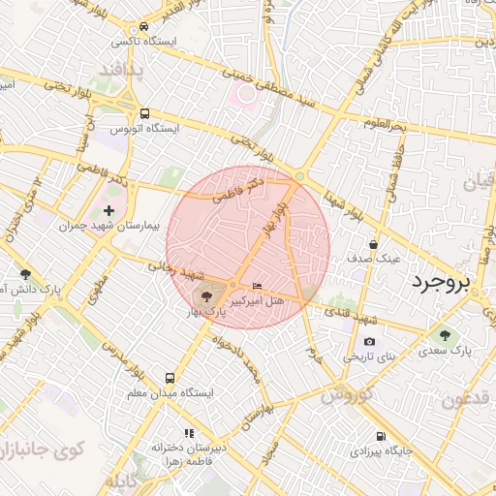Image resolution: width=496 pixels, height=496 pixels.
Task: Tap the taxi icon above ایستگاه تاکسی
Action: pyautogui.click(x=144, y=27)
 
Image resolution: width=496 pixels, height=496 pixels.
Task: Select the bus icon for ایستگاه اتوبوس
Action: pyautogui.click(x=144, y=113)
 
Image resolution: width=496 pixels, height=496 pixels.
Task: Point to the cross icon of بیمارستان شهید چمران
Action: pyautogui.click(x=108, y=209)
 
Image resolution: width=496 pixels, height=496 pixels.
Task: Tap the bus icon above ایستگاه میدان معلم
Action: pyautogui.click(x=170, y=379)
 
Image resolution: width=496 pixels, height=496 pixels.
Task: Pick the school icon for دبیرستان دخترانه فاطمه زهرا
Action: pyautogui.click(x=189, y=433)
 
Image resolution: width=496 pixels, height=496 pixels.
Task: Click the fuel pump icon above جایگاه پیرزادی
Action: pyautogui.click(x=380, y=436)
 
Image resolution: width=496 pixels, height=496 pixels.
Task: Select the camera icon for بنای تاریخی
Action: pyautogui.click(x=369, y=342)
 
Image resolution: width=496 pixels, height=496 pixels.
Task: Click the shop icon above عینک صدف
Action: pyautogui.click(x=374, y=244)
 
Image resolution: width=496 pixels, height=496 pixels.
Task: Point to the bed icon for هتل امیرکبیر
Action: pyautogui.click(x=256, y=286)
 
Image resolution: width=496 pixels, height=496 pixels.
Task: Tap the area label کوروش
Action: pyautogui.click(x=347, y=397)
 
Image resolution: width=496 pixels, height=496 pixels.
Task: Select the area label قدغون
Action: pyautogui.click(x=469, y=399)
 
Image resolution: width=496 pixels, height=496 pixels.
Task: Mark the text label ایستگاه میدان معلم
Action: pyautogui.click(x=170, y=394)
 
